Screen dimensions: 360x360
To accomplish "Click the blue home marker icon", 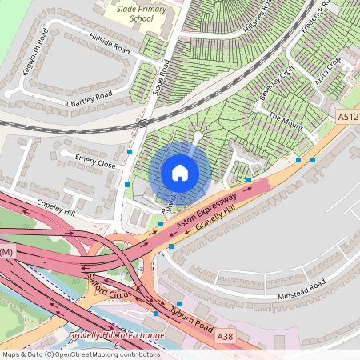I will coord(180,172).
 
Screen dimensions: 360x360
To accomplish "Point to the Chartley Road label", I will coord(90,96).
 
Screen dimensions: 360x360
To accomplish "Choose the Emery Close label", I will coord(95,160).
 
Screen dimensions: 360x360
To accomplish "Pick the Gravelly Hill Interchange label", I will coord(116,335).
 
